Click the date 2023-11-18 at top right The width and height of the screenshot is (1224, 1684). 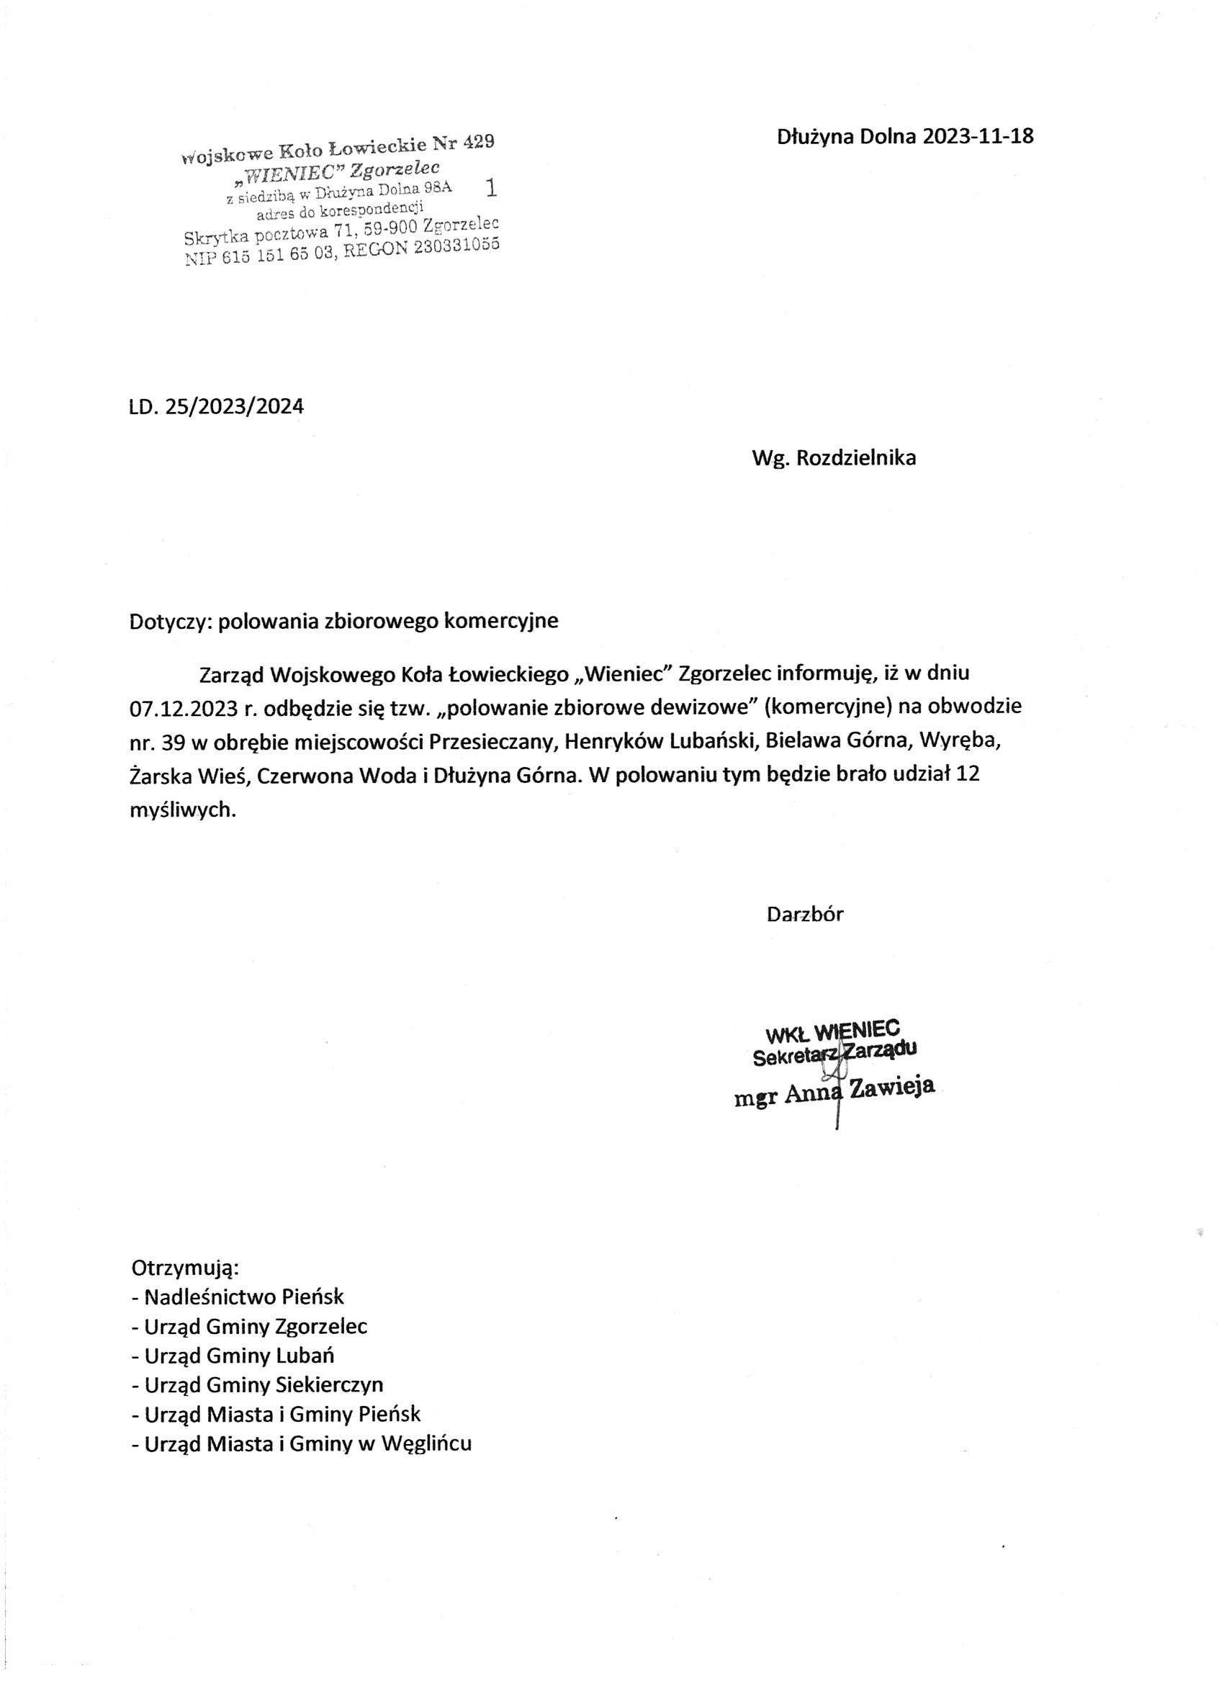(x=978, y=137)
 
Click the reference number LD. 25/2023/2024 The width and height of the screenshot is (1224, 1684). (x=217, y=406)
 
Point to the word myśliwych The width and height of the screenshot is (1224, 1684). (x=183, y=810)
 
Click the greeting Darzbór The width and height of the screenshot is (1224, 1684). (x=806, y=914)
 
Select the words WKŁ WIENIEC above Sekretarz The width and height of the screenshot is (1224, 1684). (x=832, y=1031)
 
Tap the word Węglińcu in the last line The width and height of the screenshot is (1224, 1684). (x=426, y=1443)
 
